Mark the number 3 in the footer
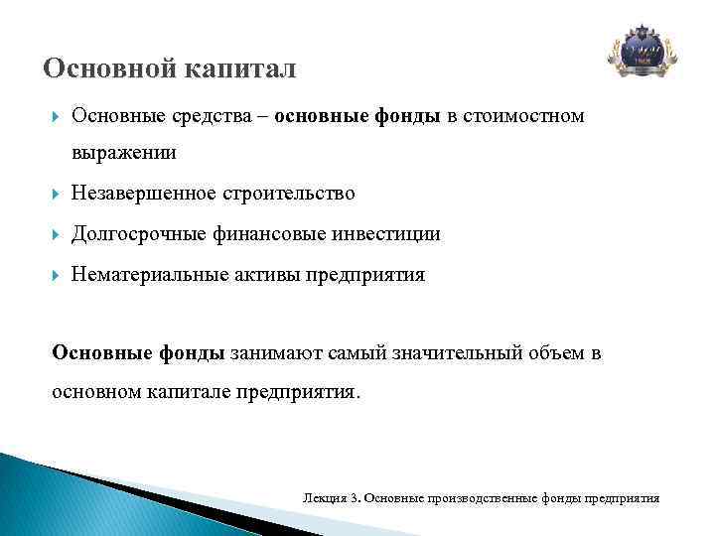tap(354, 497)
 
